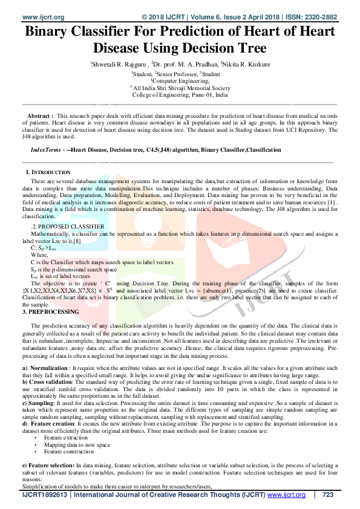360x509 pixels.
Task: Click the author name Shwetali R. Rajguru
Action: pos(117,63)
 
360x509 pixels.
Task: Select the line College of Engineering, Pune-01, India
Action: pos(180,95)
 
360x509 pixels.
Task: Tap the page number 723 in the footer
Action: pos(328,495)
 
